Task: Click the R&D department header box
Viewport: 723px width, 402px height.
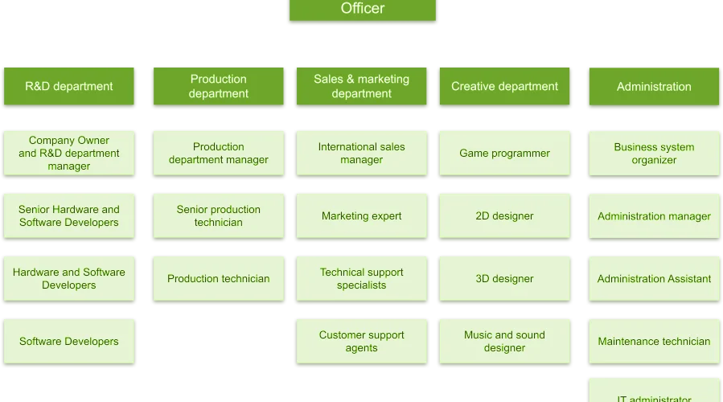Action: (x=69, y=86)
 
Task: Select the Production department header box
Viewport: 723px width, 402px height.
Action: (x=219, y=86)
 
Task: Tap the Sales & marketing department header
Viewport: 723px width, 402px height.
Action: (x=362, y=86)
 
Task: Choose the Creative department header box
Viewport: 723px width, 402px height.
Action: (x=504, y=86)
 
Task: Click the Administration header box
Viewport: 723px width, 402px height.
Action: (x=654, y=87)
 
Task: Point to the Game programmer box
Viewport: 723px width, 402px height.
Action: (x=504, y=153)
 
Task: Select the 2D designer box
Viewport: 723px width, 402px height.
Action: (x=504, y=215)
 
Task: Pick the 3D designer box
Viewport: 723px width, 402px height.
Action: (x=504, y=278)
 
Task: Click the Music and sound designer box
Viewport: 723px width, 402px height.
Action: (x=504, y=341)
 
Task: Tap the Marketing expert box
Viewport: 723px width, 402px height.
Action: (x=362, y=215)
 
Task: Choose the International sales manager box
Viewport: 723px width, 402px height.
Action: (x=362, y=153)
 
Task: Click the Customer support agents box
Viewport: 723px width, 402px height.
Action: (x=362, y=341)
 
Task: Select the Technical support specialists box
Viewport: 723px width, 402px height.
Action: (x=362, y=278)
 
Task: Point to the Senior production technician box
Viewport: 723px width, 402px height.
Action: (x=219, y=215)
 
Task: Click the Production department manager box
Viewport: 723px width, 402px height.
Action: (x=219, y=153)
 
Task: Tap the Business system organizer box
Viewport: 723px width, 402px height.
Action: (x=654, y=154)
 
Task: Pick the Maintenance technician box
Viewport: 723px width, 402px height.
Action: (x=654, y=342)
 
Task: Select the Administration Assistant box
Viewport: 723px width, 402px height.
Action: (x=654, y=279)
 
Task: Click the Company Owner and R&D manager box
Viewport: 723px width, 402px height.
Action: (x=69, y=153)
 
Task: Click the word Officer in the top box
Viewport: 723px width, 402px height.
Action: (x=363, y=8)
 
